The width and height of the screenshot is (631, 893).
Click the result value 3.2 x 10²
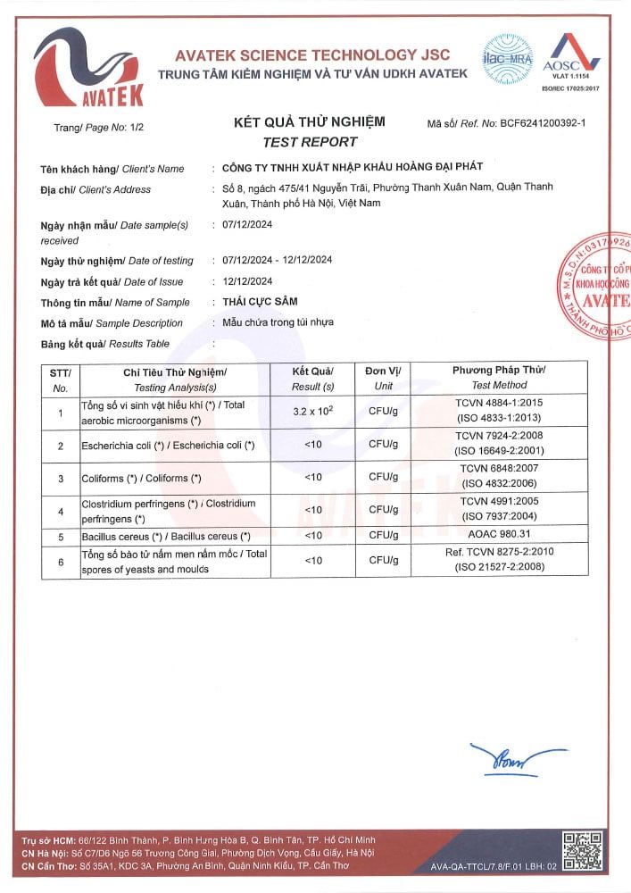point(312,412)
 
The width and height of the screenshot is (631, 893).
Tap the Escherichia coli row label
point(168,445)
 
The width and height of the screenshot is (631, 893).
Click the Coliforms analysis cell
point(141,478)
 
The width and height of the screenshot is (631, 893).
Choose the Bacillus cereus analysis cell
point(166,536)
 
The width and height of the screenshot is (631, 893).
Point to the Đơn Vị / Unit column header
point(383,377)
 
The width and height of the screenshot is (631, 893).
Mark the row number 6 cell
point(60,562)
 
